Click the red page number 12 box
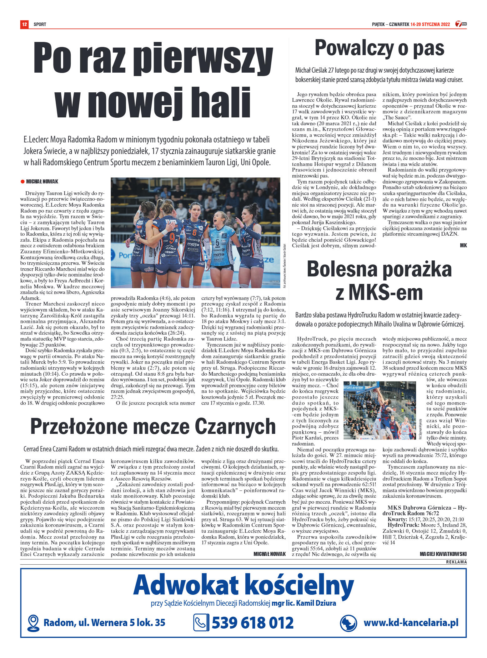pos(24,24)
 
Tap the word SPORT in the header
pos(40,24)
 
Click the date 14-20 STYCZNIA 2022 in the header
pos(430,24)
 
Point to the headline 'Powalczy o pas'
pos(379,49)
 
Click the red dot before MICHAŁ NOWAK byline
pos(22,182)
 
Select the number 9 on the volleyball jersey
pos(172,238)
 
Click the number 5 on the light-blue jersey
pos(217,243)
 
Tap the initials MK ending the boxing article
pos(463,245)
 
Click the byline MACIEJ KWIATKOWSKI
pos(443,554)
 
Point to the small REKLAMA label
pos(456,562)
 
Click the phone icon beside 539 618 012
pos(201,623)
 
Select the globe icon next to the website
pos(348,623)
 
